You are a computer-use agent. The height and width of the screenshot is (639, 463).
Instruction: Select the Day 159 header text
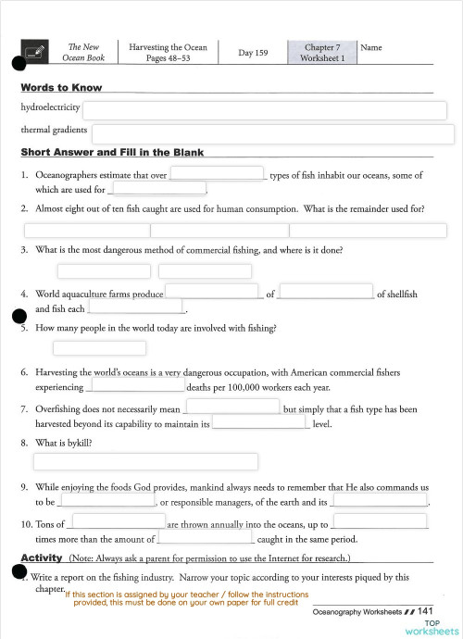click(x=253, y=53)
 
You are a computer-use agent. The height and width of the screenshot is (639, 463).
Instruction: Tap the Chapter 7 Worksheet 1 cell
click(x=322, y=53)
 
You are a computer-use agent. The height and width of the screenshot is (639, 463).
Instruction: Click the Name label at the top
click(x=370, y=47)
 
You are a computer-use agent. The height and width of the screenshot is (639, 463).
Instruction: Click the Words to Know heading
click(x=61, y=88)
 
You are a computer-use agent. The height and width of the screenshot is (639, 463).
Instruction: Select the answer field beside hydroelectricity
click(x=266, y=110)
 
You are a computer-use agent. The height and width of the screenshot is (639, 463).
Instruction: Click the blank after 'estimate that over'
click(x=217, y=173)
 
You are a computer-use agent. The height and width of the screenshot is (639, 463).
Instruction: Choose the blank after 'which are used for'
click(x=157, y=189)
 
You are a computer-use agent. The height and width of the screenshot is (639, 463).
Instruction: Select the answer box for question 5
click(x=100, y=348)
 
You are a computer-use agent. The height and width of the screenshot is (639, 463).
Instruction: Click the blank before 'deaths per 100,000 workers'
click(x=133, y=386)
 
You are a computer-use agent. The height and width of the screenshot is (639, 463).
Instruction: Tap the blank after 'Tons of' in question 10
click(x=119, y=521)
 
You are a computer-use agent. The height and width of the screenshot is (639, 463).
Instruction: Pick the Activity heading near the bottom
click(x=42, y=558)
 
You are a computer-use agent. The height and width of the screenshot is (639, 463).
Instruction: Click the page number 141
click(x=426, y=611)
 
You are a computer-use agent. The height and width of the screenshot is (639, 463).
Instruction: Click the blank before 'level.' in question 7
click(x=259, y=423)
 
